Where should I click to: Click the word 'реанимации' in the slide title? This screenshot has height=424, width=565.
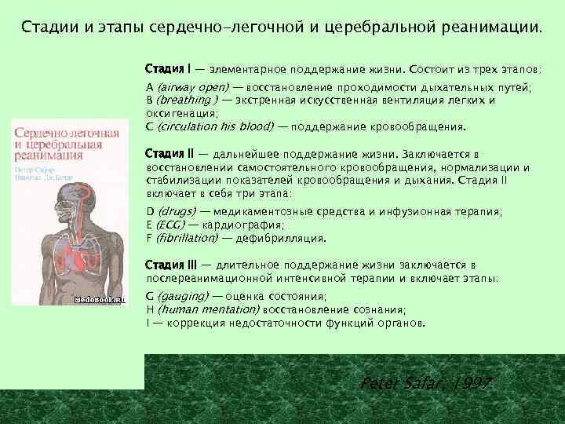click(487, 29)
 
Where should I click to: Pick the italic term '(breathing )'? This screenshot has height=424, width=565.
click(188, 100)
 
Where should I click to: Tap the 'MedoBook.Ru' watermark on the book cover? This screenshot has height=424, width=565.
click(99, 300)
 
